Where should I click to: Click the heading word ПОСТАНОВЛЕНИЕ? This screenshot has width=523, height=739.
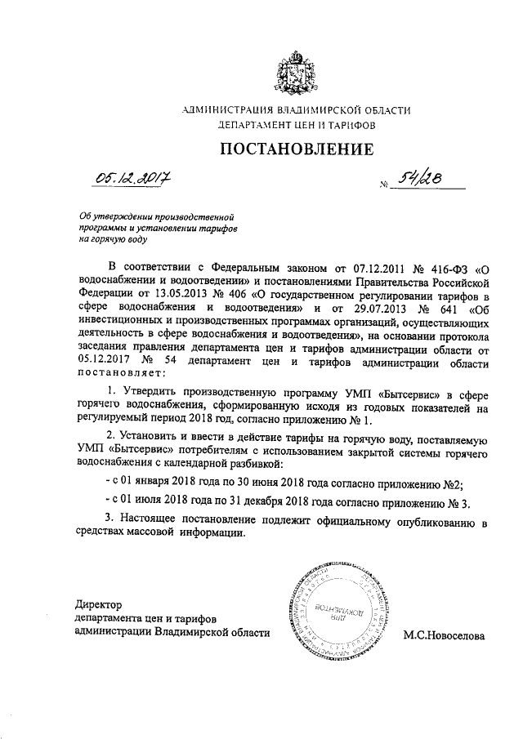point(297,149)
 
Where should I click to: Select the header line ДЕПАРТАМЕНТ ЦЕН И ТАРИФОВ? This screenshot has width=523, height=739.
point(297,127)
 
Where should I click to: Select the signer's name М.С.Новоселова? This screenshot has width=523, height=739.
point(444,635)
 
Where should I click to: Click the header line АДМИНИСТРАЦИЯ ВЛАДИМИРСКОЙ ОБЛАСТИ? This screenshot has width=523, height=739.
point(297,110)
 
